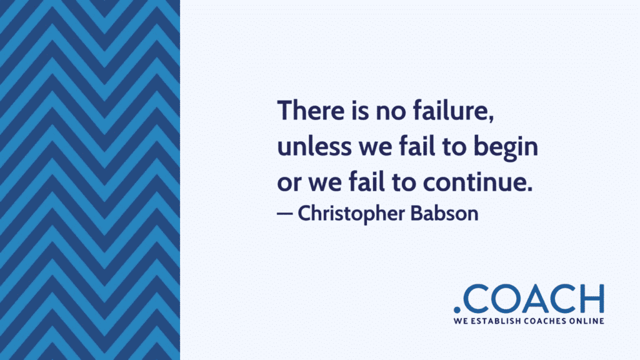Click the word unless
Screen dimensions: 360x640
coord(307,148)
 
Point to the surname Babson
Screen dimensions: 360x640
coord(452,213)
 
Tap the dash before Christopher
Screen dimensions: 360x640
coord(284,213)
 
